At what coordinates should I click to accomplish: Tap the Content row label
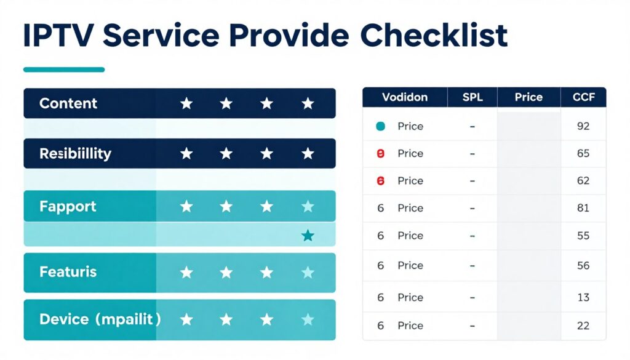coord(68,103)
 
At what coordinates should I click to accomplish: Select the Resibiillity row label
coord(75,153)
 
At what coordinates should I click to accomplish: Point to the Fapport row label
coord(68,206)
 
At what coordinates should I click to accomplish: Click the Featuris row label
coord(68,271)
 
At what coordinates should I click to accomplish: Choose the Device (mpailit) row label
coord(100,319)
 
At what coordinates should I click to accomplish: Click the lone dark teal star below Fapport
coord(308,236)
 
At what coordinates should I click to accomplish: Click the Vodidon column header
coord(404,97)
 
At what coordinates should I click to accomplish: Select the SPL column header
coord(472,97)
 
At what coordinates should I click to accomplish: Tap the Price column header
coord(528,97)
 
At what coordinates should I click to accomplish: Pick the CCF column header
coord(583,97)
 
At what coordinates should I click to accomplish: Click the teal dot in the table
coord(380,126)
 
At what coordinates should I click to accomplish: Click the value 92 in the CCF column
coord(583,126)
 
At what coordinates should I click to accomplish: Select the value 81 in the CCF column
coord(583,208)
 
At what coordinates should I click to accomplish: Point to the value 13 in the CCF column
coord(583,297)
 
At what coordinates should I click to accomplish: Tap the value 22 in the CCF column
coord(583,326)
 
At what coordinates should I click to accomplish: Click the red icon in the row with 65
coord(380,153)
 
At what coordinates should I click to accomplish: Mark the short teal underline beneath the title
coord(64,70)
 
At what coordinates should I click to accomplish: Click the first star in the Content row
coord(186,103)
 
